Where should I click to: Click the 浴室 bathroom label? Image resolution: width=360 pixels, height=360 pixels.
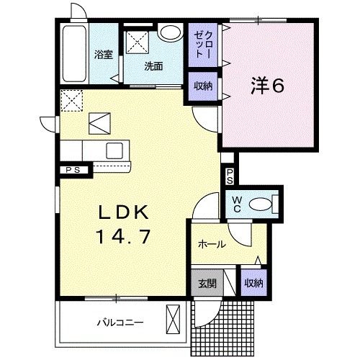click(103, 55)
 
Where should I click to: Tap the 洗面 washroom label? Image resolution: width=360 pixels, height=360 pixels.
click(153, 67)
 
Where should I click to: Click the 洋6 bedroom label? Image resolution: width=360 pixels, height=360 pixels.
click(268, 86)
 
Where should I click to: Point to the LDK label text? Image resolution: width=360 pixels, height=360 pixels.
click(123, 212)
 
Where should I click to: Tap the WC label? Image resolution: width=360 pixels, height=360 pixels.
click(235, 204)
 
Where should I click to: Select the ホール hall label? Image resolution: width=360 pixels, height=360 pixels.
click(212, 245)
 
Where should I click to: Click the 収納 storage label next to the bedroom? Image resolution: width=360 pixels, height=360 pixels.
click(202, 86)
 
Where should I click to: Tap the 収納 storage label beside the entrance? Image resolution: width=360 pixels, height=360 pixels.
click(253, 283)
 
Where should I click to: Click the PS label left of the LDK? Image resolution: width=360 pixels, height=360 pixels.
click(73, 171)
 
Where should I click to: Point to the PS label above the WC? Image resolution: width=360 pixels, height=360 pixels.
click(229, 176)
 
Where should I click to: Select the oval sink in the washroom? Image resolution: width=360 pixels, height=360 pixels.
click(171, 32)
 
